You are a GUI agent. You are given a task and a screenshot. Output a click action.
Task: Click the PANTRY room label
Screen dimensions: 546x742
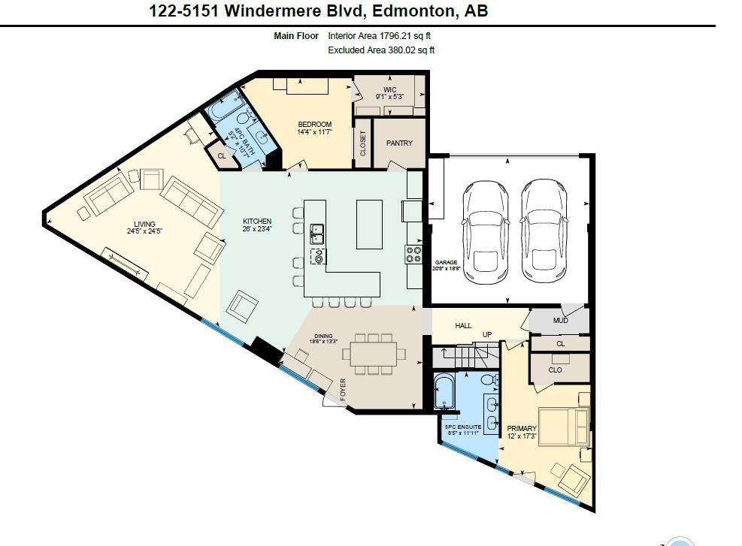pos(399,143)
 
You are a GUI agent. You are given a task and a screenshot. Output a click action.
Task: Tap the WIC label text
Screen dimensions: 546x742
pos(389,89)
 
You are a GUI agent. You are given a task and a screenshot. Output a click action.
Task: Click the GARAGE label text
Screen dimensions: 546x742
pos(444,263)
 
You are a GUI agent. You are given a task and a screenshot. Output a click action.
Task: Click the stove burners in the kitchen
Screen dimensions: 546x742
pos(413,255)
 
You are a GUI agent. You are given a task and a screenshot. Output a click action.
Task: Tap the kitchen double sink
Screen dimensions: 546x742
pos(317,234)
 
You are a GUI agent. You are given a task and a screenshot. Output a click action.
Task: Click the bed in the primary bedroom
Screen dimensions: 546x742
pos(565,426)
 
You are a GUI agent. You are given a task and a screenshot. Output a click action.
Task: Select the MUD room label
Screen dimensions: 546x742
pos(560,321)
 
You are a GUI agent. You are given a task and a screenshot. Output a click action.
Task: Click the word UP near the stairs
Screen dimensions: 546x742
pos(486,334)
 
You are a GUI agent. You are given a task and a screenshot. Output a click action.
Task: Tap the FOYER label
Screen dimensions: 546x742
pos(343,390)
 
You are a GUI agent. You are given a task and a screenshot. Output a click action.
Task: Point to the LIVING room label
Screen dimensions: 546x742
pos(144,224)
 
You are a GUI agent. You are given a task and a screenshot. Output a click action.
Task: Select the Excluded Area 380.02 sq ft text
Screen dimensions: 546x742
pos(381,50)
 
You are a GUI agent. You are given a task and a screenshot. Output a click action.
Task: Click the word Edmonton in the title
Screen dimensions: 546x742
pos(405,11)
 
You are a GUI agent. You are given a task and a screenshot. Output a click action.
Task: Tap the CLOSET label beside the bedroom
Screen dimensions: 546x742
pos(362,143)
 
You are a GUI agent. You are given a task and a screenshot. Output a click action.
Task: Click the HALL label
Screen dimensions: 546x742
pos(463,325)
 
